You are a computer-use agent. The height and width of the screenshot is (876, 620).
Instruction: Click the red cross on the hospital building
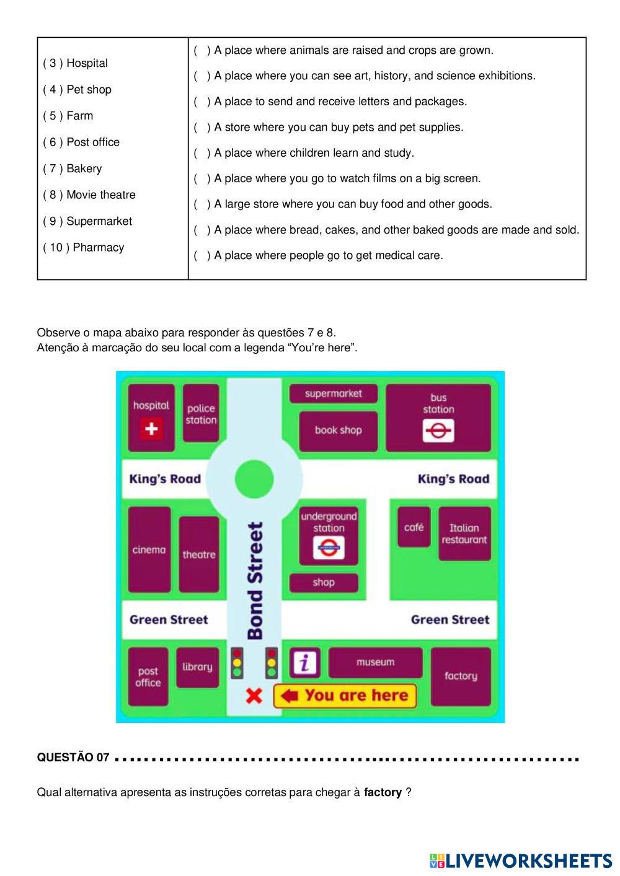[x=151, y=429]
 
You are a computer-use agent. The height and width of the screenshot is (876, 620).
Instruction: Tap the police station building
[x=201, y=413]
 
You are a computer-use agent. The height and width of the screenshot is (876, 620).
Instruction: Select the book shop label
[x=338, y=430]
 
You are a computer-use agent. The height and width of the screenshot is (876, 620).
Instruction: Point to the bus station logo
[x=438, y=431]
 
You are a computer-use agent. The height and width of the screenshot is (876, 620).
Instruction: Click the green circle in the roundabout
[x=254, y=479]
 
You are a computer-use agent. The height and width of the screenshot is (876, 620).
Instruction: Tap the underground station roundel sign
[x=329, y=548]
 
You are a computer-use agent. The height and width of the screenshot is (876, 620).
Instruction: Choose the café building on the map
[x=414, y=527]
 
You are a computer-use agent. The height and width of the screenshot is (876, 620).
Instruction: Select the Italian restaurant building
[x=464, y=533]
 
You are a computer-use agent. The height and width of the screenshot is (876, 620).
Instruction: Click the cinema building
[x=149, y=550]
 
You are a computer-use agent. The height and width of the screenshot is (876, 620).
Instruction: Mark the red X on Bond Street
[x=254, y=696]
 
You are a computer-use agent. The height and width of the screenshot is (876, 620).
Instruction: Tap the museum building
[x=375, y=662]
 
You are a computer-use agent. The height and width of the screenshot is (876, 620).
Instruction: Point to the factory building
[x=461, y=676]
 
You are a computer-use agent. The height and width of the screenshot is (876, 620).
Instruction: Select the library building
[x=197, y=667]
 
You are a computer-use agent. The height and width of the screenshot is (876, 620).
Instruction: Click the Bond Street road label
[x=255, y=580]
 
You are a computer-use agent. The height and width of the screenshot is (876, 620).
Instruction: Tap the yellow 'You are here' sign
[x=345, y=696]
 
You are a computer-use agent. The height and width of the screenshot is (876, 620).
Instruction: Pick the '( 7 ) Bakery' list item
[x=73, y=169]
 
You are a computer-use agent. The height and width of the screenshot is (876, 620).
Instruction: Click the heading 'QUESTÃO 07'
[x=73, y=758]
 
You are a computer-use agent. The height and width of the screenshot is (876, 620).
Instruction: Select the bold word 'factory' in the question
[x=383, y=792]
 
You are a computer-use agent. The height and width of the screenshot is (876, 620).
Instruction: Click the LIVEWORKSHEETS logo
[x=521, y=861]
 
